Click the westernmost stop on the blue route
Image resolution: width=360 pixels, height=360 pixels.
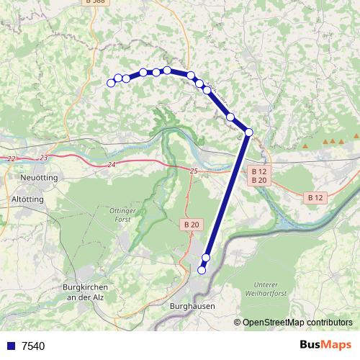point(111,83)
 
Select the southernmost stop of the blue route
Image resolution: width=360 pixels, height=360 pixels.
point(202,270)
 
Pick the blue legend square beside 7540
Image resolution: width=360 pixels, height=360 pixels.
point(10,346)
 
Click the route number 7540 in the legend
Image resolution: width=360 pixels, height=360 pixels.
point(33,346)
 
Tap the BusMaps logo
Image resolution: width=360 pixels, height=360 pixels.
point(325,345)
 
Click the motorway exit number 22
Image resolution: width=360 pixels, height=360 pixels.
point(11,158)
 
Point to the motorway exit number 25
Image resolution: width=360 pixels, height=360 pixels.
point(193,171)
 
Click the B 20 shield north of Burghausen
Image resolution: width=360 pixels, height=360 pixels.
point(191,225)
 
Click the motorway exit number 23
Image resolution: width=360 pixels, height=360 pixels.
point(44,157)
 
